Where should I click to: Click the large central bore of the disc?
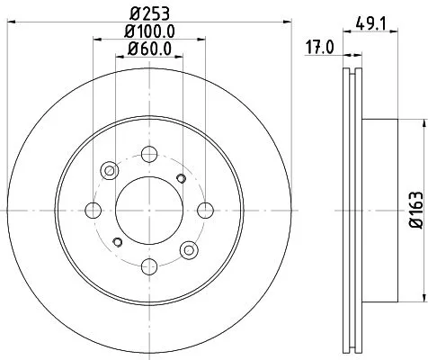148,210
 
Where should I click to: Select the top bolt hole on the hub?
148,153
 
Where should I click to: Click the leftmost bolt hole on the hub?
92,210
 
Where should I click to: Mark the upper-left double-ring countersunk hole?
109,170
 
